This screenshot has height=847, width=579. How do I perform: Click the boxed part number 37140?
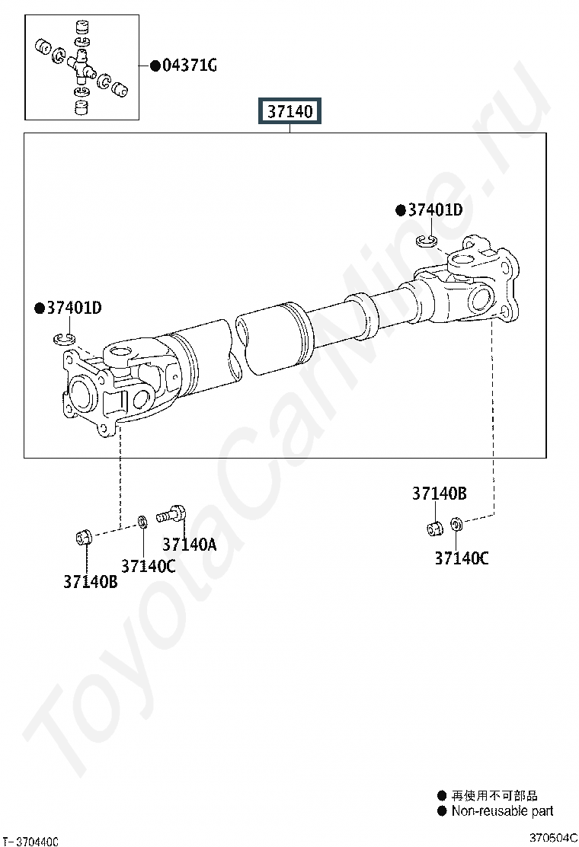pos(290,111)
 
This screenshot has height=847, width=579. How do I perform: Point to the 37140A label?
pos(190,545)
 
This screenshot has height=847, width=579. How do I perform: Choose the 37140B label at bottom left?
pos(90,582)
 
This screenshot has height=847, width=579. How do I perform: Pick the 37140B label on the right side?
pos(439,493)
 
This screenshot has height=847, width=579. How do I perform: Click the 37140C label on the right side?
pos(462,558)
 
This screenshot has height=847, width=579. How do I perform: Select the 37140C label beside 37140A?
pos(148,566)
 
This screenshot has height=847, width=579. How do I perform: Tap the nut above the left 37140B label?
pos(82,537)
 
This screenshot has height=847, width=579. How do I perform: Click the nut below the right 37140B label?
pos(435,529)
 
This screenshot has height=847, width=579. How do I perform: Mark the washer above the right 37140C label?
pos(456,523)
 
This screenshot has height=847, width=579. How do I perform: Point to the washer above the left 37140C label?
pos(142,522)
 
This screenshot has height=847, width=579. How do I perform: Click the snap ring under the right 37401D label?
pos(427,241)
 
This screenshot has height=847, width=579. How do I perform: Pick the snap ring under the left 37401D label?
pos(64,339)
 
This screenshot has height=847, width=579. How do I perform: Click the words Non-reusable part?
pos(502,810)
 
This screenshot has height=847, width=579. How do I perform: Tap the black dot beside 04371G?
pos(155,66)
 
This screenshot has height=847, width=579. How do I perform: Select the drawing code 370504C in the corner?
pos(553,838)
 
